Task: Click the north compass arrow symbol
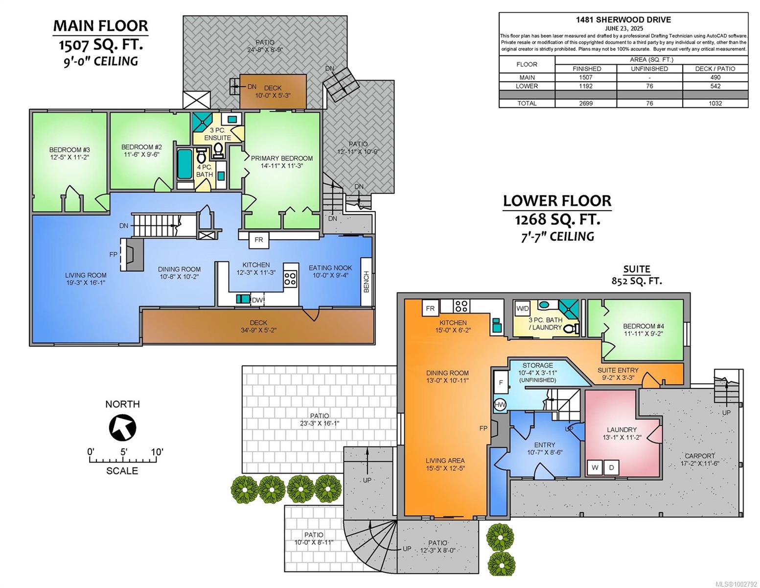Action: pos(122,427)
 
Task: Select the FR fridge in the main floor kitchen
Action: pos(258,240)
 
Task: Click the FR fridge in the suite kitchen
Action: pos(431,308)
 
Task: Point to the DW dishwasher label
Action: pos(257,300)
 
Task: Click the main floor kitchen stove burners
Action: pos(290,279)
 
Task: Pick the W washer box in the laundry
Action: pos(595,467)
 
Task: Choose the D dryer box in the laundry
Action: pos(611,467)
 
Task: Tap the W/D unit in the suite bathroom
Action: pos(523,309)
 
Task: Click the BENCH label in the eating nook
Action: pos(366,282)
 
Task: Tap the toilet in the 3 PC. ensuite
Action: pos(218,150)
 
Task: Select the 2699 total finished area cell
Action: pos(585,103)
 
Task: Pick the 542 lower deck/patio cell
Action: pos(715,86)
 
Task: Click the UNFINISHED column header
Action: pos(649,69)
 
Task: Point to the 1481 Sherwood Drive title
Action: pos(623,20)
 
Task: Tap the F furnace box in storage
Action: pos(501,383)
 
